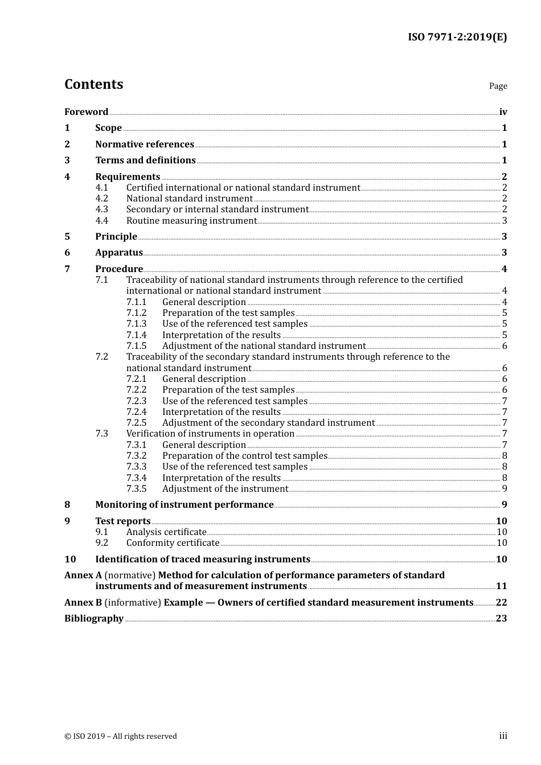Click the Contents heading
click(93, 84)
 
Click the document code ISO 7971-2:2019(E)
click(457, 38)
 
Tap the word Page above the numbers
click(498, 86)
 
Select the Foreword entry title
click(86, 112)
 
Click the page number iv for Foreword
click(503, 112)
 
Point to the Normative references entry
click(145, 145)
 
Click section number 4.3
click(101, 209)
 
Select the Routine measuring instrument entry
click(191, 221)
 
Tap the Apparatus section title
click(119, 253)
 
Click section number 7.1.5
click(136, 346)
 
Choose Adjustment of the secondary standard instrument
click(268, 423)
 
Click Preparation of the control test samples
click(245, 456)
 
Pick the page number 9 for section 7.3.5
click(505, 489)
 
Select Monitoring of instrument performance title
click(185, 505)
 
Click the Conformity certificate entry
click(173, 543)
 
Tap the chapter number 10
click(70, 560)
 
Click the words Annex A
click(83, 575)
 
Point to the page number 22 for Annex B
click(501, 603)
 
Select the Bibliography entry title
click(94, 619)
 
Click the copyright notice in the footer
click(121, 737)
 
